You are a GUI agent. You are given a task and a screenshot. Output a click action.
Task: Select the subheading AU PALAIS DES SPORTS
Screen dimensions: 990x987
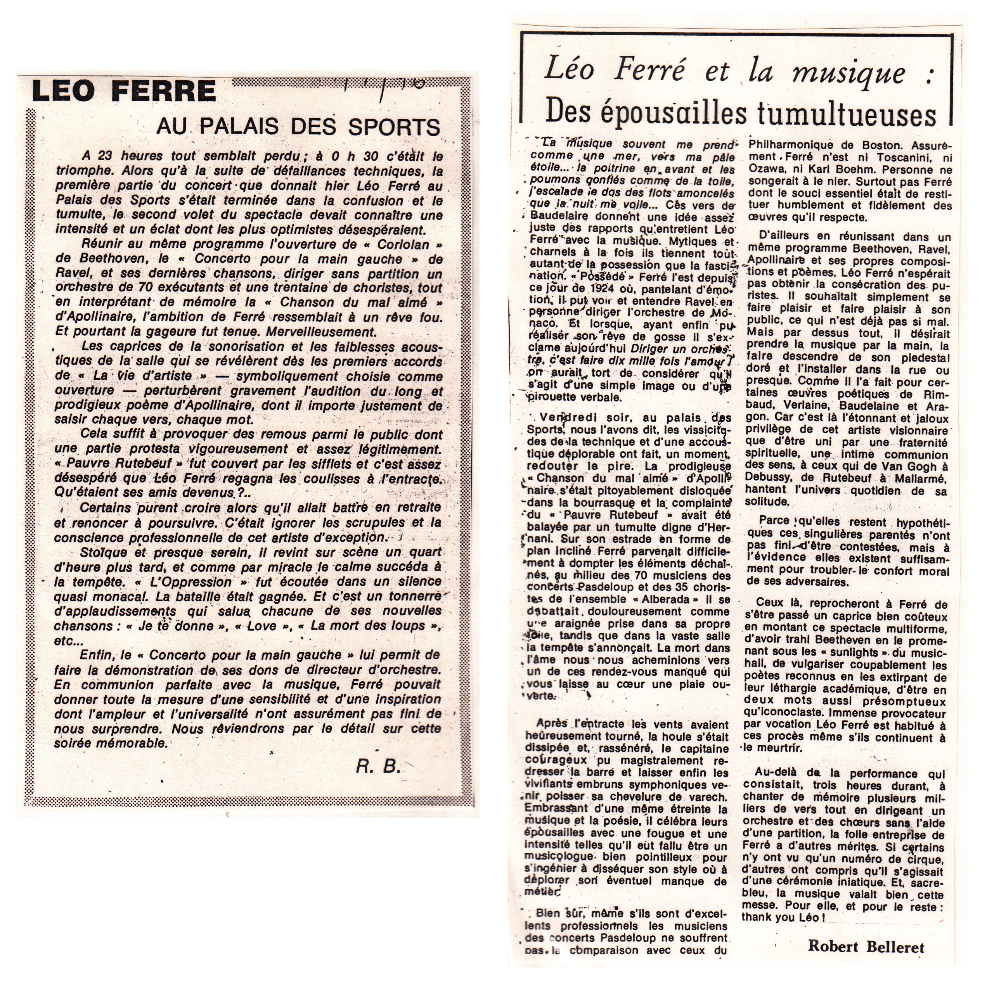298,126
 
